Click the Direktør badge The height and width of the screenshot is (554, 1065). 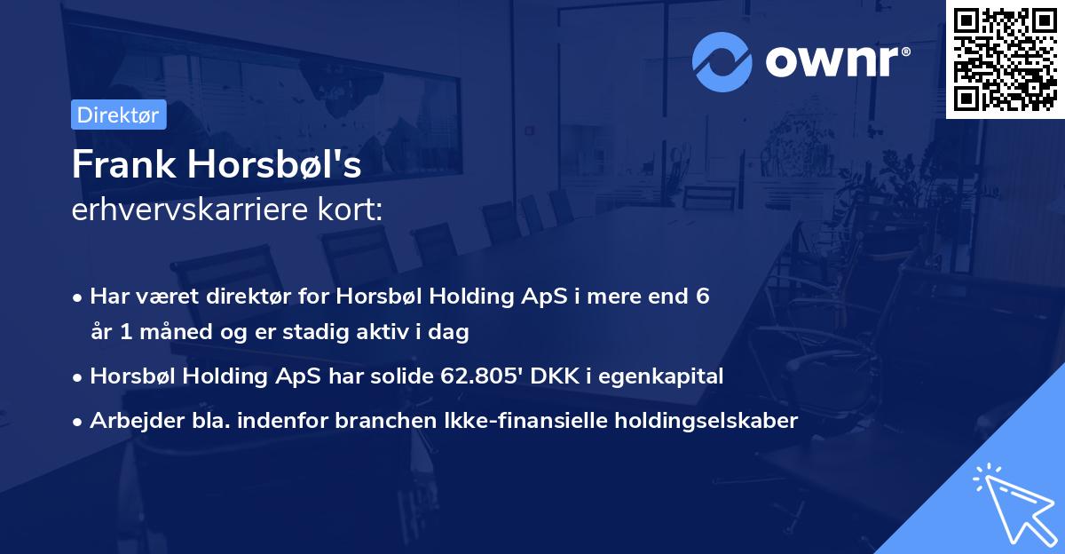click(x=117, y=115)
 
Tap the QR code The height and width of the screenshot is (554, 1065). click(x=1005, y=59)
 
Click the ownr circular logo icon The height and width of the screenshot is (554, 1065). click(x=722, y=61)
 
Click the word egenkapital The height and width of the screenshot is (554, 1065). click(x=666, y=376)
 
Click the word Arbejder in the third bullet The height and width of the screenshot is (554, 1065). click(x=130, y=421)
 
